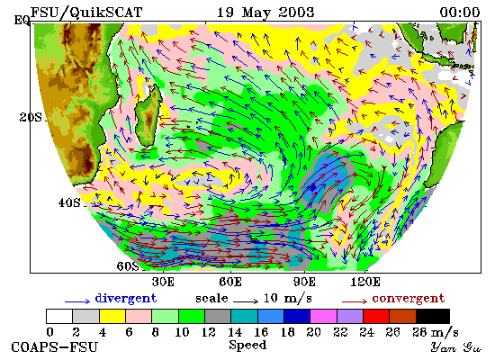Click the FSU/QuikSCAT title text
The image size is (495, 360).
coord(86,13)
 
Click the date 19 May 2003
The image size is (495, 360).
coord(265,13)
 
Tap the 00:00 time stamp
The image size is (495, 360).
coord(460,13)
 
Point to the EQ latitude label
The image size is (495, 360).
coord(22,21)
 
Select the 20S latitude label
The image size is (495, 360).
coord(31,118)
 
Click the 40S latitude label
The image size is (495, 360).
coord(69,202)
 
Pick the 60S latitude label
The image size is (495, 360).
coord(128,266)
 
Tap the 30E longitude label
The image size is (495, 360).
coord(163,282)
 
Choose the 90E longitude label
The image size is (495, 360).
coord(304,282)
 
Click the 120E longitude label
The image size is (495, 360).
coord(365,282)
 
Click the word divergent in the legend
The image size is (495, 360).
coord(126,298)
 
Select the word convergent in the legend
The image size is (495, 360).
coord(409,298)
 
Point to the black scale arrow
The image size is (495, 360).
coord(246,301)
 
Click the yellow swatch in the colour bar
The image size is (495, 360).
coord(112,317)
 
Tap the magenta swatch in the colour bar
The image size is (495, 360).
coord(323,317)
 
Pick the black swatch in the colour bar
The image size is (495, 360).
coord(433,317)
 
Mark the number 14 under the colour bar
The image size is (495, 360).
coord(235,332)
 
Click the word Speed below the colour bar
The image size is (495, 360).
coord(247,345)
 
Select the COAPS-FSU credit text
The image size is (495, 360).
coord(54,347)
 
